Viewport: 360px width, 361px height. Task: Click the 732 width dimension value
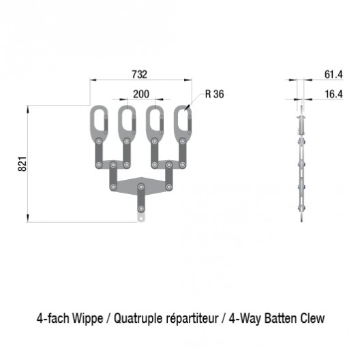pyautogui.click(x=140, y=74)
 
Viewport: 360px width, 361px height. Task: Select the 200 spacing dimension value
pyautogui.click(x=141, y=94)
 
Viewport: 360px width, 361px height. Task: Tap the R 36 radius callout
pyautogui.click(x=214, y=94)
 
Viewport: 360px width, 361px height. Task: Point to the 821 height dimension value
pyautogui.click(x=22, y=164)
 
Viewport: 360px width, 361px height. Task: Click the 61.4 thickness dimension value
pyautogui.click(x=333, y=74)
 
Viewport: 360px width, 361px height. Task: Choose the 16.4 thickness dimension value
pyautogui.click(x=333, y=94)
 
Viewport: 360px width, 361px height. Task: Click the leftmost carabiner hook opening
pyautogui.click(x=99, y=120)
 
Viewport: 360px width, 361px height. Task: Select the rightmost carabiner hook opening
pyautogui.click(x=183, y=120)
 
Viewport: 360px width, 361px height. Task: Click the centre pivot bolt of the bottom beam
pyautogui.click(x=141, y=187)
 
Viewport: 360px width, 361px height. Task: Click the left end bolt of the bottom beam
pyautogui.click(x=113, y=187)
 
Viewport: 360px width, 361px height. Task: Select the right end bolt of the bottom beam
pyautogui.click(x=169, y=187)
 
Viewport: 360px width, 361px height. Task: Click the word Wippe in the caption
pyautogui.click(x=87, y=319)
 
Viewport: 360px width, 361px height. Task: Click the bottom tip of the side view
pyautogui.click(x=301, y=221)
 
